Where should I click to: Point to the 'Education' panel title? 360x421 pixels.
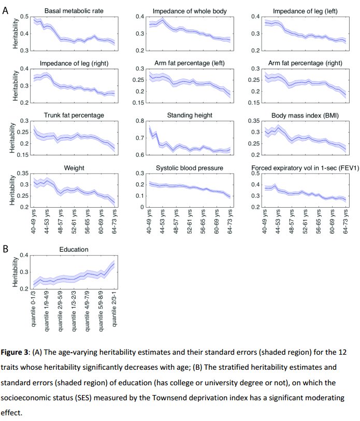pyautogui.click(x=74, y=249)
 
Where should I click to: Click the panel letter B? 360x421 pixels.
pyautogui.click(x=6, y=249)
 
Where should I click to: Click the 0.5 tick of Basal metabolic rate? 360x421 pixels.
pyautogui.click(x=26, y=17)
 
